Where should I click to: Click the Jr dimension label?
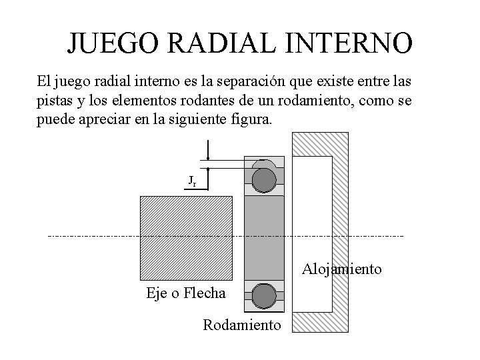click(x=191, y=181)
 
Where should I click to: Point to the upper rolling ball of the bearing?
click(x=265, y=178)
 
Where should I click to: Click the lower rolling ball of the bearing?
click(x=265, y=295)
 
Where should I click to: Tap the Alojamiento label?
click(x=342, y=269)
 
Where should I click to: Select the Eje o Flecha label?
click(x=185, y=294)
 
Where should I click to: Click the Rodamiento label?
click(x=242, y=325)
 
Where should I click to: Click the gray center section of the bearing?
click(x=265, y=237)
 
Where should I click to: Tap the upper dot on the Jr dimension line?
click(x=209, y=159)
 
